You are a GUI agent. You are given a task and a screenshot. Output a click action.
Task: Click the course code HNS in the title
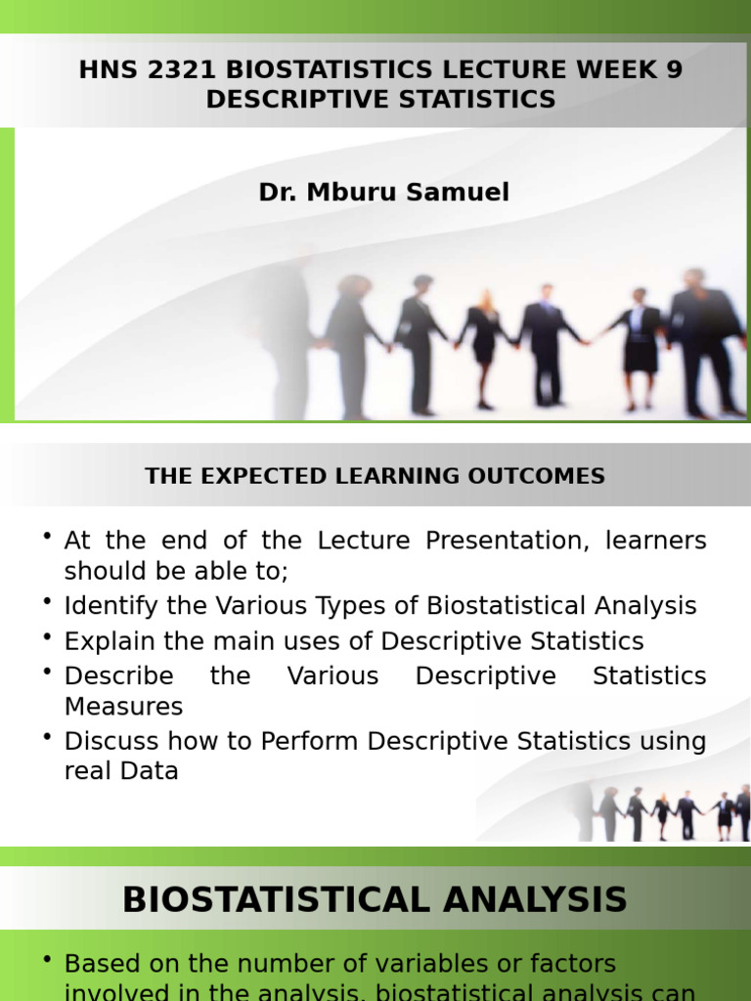coord(105,70)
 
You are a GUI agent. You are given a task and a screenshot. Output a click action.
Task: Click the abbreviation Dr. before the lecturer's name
coord(279,193)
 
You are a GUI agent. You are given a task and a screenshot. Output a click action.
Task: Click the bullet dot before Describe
coord(47,671)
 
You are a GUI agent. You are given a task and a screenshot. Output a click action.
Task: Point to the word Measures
coord(123,706)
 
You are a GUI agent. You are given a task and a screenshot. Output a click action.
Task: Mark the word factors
coord(572,964)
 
